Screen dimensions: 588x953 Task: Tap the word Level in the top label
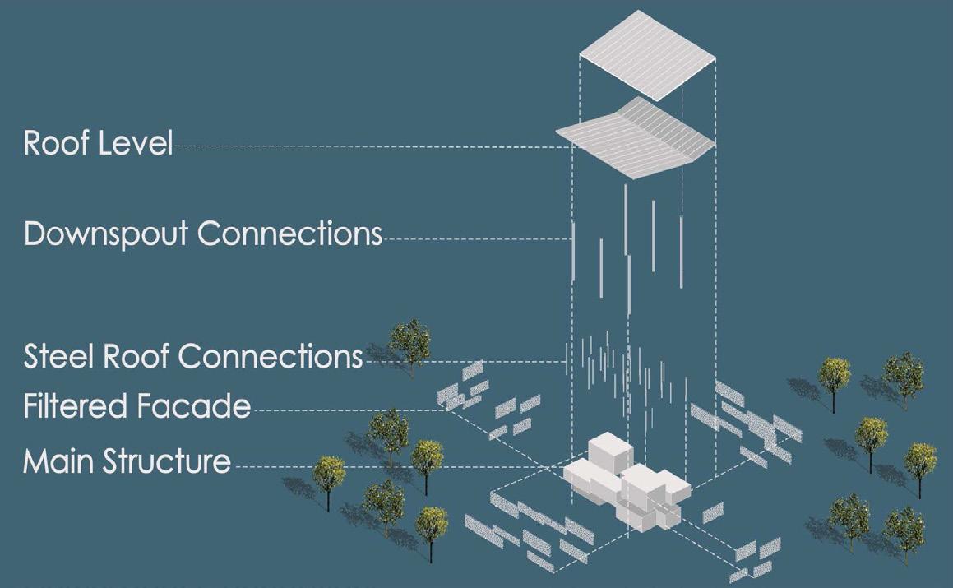point(136,143)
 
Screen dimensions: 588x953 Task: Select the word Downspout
point(107,234)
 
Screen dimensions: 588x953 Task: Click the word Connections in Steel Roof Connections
point(271,357)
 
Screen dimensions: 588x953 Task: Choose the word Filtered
point(74,406)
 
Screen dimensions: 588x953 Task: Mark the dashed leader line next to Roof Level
point(370,146)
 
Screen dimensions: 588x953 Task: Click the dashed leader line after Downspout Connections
point(477,239)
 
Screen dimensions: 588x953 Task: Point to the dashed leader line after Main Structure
point(395,466)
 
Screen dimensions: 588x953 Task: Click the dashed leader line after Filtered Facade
point(345,409)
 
